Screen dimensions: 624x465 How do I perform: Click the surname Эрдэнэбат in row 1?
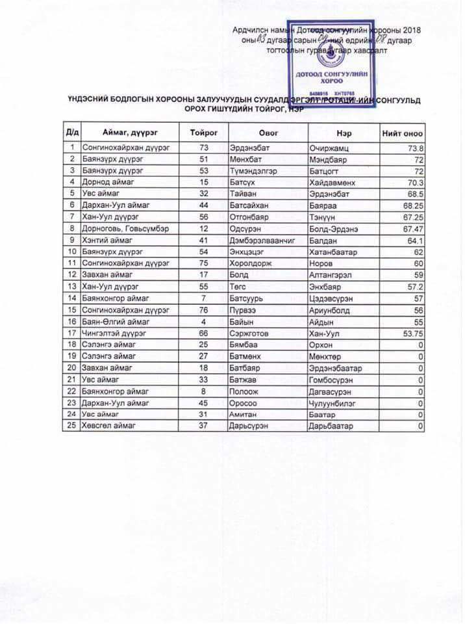(249, 148)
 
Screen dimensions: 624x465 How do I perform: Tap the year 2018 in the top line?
(412, 30)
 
